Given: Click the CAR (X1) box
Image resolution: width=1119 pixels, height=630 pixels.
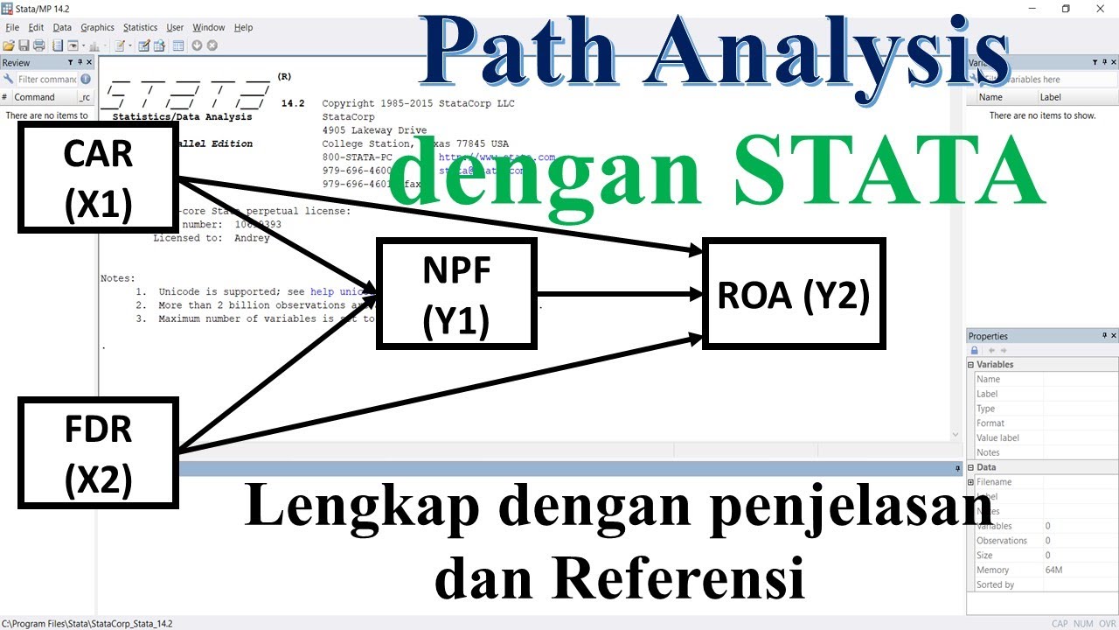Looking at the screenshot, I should [98, 178].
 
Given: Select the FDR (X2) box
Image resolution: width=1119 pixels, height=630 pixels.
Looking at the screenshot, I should [98, 452].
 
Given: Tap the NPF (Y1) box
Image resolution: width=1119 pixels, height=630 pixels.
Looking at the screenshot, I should [455, 293].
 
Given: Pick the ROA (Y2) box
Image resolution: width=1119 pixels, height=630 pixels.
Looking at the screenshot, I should [794, 293].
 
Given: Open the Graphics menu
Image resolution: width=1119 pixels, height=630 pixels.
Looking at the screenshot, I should [97, 27].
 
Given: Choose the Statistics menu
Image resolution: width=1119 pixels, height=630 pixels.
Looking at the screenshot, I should [140, 27].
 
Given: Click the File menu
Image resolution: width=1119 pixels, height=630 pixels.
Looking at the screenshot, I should [12, 27].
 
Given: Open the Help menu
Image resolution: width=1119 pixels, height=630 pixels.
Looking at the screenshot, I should [243, 27].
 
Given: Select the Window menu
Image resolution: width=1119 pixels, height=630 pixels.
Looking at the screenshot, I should [208, 27].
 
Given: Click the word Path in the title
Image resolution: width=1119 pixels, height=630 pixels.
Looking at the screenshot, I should [495, 51].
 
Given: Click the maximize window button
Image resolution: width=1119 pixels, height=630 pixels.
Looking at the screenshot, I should [1066, 9].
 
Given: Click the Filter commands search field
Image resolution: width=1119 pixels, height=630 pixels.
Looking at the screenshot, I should [47, 80].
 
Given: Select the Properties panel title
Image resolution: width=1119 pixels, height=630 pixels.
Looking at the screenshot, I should [988, 336].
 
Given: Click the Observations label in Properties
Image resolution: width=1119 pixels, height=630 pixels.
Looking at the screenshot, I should [1002, 541].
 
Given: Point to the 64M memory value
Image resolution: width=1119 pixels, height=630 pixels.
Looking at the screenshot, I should [1053, 570].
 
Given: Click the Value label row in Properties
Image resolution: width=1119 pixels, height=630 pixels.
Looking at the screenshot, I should [997, 437].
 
